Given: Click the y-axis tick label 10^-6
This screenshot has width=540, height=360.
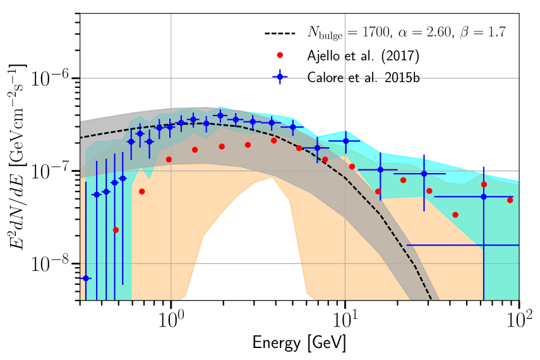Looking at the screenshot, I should [x=54, y=78].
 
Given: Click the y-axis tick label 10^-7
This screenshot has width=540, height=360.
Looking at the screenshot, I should [x=54, y=171].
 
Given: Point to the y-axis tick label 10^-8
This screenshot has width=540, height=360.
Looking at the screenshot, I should [x=54, y=264].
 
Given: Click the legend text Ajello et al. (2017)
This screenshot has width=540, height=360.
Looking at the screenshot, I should [x=363, y=56].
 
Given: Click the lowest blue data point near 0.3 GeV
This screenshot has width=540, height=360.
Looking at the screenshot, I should [x=87, y=278].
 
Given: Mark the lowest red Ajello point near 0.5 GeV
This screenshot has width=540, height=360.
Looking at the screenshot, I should [x=116, y=230].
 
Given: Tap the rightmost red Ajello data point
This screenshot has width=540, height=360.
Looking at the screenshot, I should [x=510, y=200].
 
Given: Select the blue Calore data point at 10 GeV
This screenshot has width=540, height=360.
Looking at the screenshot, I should [x=345, y=141].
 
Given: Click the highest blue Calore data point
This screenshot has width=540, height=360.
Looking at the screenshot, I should [x=220, y=115].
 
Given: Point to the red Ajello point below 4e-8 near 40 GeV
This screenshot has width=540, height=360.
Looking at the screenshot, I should [x=455, y=215].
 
